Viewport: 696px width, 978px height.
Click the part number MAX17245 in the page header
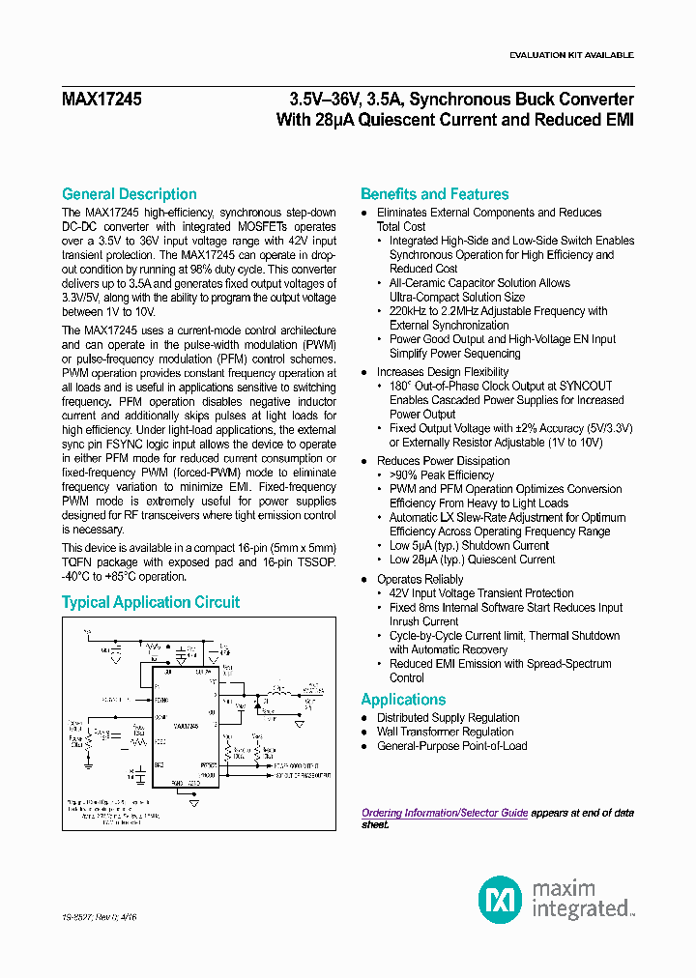101,100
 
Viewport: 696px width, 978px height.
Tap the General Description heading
129,194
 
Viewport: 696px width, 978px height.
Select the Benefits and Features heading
434,194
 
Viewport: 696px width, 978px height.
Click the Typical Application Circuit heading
151,602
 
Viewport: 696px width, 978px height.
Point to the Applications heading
403,700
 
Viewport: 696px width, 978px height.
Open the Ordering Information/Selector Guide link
445,814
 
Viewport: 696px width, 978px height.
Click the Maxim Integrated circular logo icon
500,900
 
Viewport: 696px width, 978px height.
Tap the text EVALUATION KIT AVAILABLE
571,55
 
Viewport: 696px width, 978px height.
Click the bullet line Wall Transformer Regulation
445,732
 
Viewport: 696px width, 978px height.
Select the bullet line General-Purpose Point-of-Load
451,746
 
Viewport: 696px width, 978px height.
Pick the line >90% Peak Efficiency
441,475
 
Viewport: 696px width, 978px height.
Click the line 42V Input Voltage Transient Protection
480,593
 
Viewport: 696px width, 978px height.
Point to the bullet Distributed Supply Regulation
448,718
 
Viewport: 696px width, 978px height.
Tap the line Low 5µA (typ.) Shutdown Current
469,546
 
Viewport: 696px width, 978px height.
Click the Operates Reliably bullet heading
420,580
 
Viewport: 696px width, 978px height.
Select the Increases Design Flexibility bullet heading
442,372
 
